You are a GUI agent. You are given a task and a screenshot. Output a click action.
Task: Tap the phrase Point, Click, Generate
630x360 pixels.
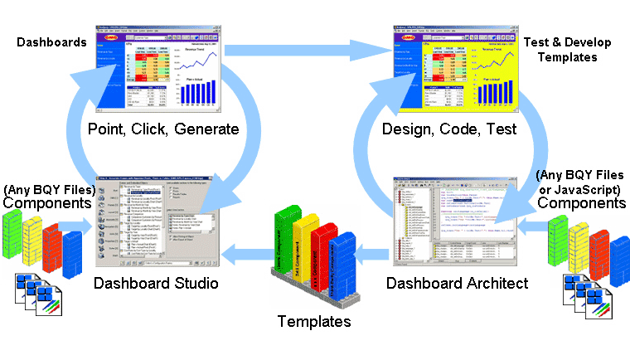click(x=163, y=129)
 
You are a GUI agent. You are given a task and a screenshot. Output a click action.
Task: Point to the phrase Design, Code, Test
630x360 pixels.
click(x=448, y=129)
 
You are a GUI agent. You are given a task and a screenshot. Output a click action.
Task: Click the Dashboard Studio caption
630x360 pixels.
click(x=155, y=284)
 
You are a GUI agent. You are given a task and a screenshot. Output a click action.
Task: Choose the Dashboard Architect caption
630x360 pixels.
click(x=457, y=284)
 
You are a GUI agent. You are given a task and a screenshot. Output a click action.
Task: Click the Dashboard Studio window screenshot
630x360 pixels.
click(x=156, y=221)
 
